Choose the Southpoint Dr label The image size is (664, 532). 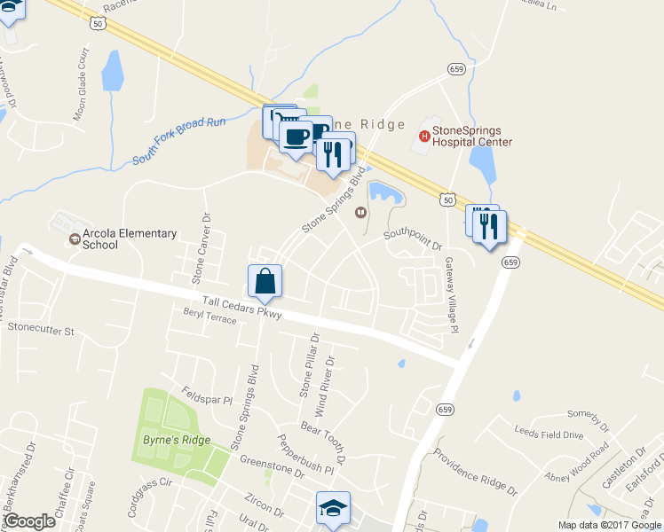tap(413, 236)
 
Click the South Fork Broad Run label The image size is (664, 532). tap(181, 141)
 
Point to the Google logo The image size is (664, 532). tap(29, 521)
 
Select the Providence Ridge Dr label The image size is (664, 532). tap(475, 470)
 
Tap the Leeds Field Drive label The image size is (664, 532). tap(549, 434)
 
